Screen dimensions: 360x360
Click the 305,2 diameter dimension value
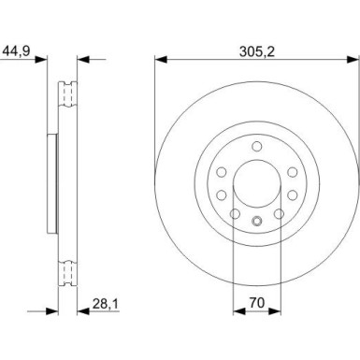(x=257, y=51)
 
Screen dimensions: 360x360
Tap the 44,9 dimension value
(x=16, y=51)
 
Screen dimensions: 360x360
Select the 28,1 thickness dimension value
(x=106, y=304)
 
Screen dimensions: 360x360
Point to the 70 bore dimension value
(x=257, y=302)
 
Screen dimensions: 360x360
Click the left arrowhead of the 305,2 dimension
(x=161, y=59)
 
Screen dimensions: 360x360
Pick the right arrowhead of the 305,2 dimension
(x=353, y=59)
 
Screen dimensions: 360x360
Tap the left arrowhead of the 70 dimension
(x=239, y=310)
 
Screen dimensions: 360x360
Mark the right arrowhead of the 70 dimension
(x=274, y=310)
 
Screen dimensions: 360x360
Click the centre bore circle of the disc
(x=257, y=183)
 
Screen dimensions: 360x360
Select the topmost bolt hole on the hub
(x=257, y=146)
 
